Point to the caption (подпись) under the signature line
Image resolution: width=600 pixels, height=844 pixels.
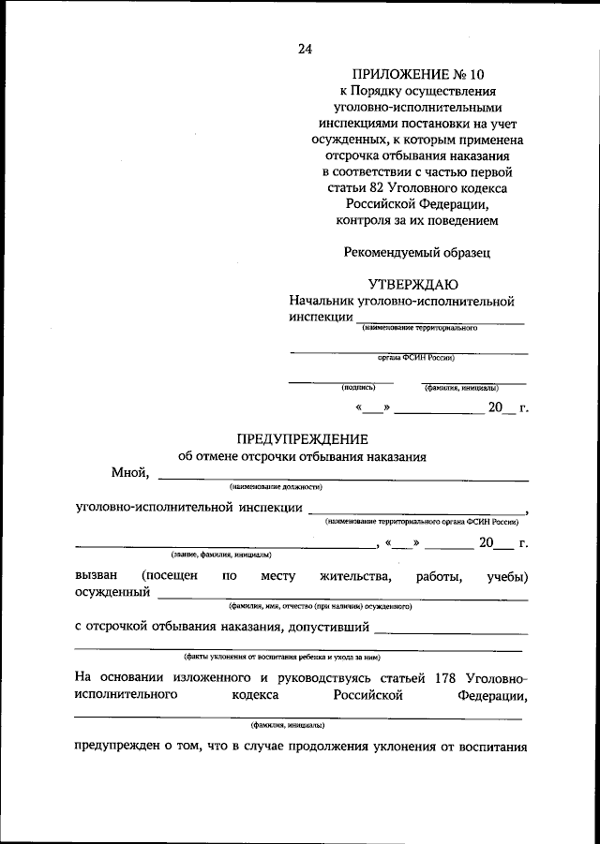point(358,387)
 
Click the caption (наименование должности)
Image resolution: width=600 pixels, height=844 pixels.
point(277,487)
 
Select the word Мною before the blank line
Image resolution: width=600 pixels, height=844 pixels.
point(130,472)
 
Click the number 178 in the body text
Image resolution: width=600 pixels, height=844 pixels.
point(443,676)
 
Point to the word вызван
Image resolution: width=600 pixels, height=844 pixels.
point(97,575)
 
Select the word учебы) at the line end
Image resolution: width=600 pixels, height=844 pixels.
point(506,575)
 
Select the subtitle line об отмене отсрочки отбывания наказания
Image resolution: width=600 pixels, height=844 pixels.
point(302,457)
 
